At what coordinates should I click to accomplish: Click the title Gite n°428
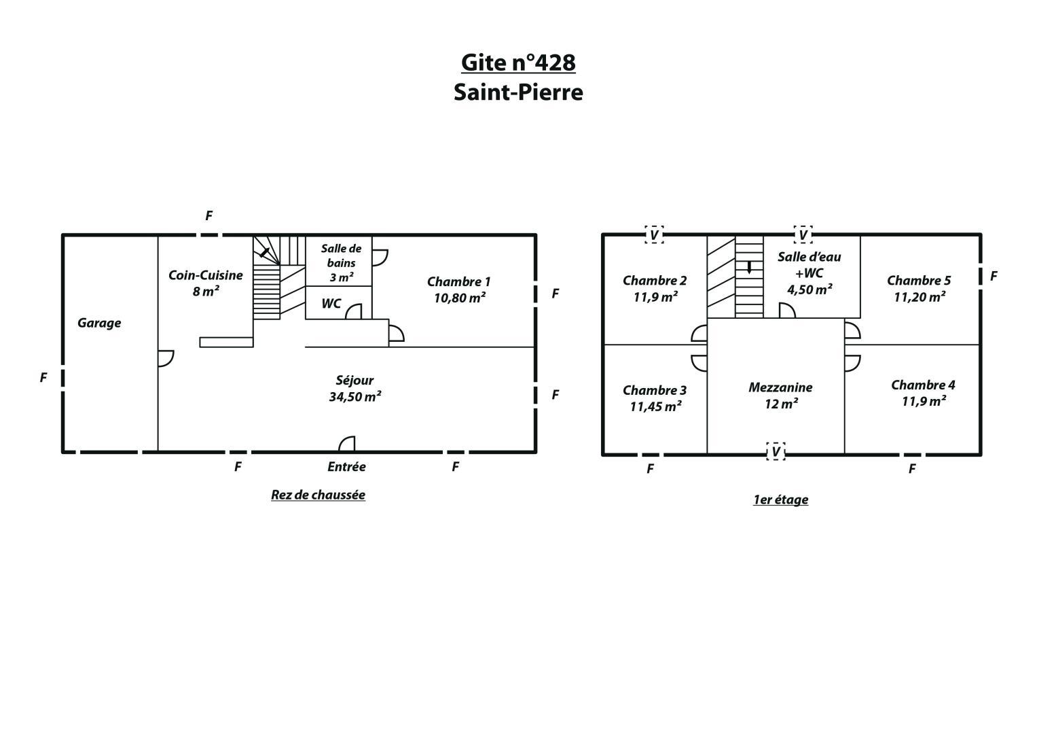pos(518,63)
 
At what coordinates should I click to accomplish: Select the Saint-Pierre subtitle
pos(518,92)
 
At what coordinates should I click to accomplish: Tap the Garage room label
pos(99,323)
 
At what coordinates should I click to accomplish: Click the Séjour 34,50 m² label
pos(355,388)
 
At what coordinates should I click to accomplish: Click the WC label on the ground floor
pos(331,304)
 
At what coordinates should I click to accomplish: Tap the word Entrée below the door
pos(346,467)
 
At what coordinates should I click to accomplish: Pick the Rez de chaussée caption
pos(318,495)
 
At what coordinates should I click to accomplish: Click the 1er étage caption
pos(780,500)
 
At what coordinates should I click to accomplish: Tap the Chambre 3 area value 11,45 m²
pos(655,406)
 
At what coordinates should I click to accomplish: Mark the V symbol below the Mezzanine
pos(776,451)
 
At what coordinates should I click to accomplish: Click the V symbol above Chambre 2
pos(654,235)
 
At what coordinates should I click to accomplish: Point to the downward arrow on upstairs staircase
pos(749,267)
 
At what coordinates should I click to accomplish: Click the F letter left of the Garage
pos(43,378)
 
